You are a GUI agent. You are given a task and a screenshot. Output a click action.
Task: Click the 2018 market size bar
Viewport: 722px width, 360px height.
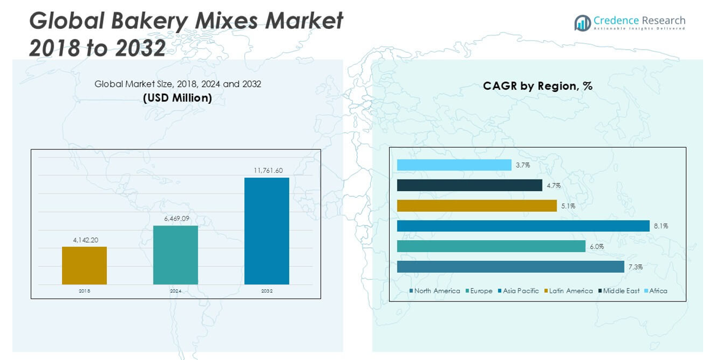tap(84, 266)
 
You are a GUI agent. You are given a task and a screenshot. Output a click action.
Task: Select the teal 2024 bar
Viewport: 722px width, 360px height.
tap(175, 255)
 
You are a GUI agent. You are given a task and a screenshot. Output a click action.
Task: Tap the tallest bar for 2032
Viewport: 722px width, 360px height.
tap(267, 231)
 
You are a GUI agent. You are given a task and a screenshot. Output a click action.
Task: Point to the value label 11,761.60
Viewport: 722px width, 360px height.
tap(268, 171)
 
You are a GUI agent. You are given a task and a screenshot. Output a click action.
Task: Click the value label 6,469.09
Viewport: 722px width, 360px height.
tap(177, 218)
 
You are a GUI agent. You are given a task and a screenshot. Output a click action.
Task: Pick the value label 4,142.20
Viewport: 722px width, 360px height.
tap(86, 240)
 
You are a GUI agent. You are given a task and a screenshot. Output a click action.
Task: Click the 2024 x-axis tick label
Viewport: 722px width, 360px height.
tap(176, 291)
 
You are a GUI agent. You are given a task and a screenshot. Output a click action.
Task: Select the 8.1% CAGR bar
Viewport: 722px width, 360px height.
tap(523, 226)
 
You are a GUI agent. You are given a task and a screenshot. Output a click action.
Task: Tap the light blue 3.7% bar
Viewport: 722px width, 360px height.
tap(454, 165)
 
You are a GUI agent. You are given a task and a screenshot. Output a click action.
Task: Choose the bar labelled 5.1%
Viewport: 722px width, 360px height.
tap(476, 205)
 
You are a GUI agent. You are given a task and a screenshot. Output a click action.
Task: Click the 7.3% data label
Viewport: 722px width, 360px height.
tap(635, 267)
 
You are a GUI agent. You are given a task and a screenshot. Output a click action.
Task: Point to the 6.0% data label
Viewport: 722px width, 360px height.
tap(596, 247)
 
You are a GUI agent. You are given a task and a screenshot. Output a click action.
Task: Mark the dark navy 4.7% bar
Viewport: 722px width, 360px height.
tap(469, 185)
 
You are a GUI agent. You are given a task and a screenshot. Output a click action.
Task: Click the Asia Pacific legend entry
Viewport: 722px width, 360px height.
tap(520, 291)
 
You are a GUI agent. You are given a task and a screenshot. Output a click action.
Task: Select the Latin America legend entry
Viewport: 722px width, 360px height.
tap(570, 291)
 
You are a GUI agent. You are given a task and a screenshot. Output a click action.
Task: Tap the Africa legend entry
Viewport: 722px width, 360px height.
tap(658, 291)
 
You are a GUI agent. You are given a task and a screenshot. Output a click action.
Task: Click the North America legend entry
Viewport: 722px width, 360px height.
tap(436, 291)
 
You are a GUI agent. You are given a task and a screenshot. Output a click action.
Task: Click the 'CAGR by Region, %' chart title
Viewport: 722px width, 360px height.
tap(537, 86)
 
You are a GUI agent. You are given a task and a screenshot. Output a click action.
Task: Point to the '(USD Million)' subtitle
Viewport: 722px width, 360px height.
tap(177, 98)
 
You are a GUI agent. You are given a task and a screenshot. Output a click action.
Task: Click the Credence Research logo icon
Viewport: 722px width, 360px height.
tap(582, 23)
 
